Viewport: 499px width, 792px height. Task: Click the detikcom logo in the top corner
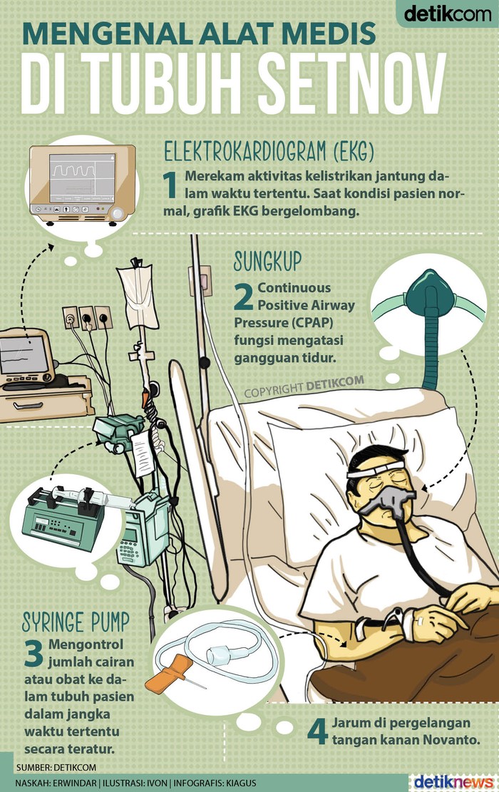click(448, 13)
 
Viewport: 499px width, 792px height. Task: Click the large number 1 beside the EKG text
click(170, 185)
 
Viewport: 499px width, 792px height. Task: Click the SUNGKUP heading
click(267, 261)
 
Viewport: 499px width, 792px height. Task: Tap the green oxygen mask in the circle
click(429, 293)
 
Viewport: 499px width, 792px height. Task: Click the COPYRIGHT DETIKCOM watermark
click(304, 387)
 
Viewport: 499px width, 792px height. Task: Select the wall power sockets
click(88, 318)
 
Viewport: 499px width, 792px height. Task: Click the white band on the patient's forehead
click(375, 470)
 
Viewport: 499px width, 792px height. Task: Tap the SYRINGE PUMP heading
click(76, 621)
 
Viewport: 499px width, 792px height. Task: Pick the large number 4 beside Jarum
click(317, 732)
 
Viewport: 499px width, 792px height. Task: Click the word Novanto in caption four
click(451, 740)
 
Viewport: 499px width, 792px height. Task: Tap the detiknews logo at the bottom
click(453, 782)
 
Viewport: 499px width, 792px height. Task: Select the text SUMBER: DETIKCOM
click(56, 768)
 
